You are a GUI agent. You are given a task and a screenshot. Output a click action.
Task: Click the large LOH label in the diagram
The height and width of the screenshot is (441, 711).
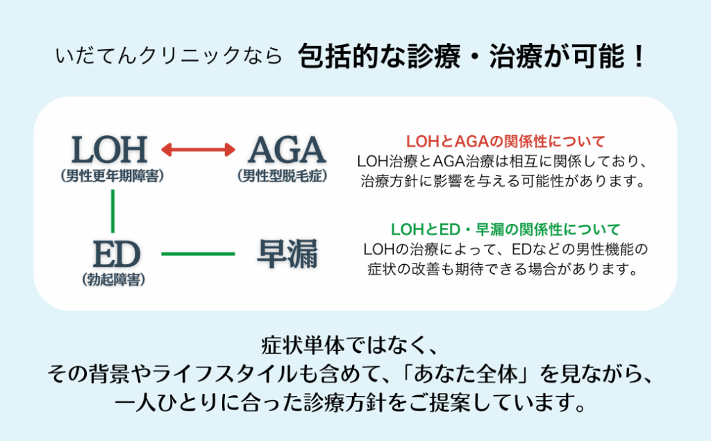coord(110,150)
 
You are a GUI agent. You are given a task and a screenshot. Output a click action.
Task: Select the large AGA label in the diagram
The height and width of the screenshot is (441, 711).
coord(287,150)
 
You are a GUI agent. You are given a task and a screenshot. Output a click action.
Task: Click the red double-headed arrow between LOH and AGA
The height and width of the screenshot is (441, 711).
coord(199,149)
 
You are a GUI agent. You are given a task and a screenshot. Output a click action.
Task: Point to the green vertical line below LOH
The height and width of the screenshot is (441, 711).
coord(112,211)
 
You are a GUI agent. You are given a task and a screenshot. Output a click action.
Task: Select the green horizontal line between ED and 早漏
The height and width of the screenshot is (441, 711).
coord(199,254)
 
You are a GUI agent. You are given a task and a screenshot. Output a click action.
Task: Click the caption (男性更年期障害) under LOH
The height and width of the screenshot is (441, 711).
coord(112,176)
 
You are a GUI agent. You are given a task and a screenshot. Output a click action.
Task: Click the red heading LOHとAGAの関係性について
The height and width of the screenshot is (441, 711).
coord(505,142)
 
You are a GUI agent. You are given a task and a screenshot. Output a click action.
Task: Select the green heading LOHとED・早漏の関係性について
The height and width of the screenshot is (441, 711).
coord(505,229)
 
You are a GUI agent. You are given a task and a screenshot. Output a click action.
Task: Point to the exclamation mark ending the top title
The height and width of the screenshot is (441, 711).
coord(639,56)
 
